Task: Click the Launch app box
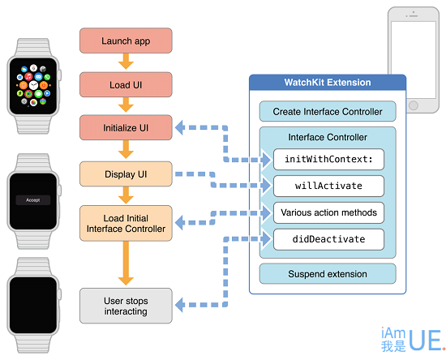[x=126, y=41]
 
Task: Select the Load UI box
[x=126, y=85]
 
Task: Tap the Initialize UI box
[x=126, y=127]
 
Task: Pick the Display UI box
[x=126, y=174]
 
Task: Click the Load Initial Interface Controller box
[x=126, y=223]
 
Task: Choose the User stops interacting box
[x=126, y=306]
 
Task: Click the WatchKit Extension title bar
[x=328, y=83]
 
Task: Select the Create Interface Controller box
[x=328, y=111]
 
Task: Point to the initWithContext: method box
[x=328, y=159]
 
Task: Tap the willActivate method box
[x=328, y=186]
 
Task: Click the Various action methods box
[x=328, y=212]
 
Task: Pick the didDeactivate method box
[x=328, y=239]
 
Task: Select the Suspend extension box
[x=328, y=274]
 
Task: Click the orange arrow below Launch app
[x=126, y=62]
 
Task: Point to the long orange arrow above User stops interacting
[x=126, y=264]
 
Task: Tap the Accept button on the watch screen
[x=33, y=200]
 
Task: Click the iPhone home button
[x=414, y=105]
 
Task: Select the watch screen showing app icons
[x=33, y=86]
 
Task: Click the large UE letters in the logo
[x=426, y=340]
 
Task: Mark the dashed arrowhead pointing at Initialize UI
[x=180, y=127]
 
